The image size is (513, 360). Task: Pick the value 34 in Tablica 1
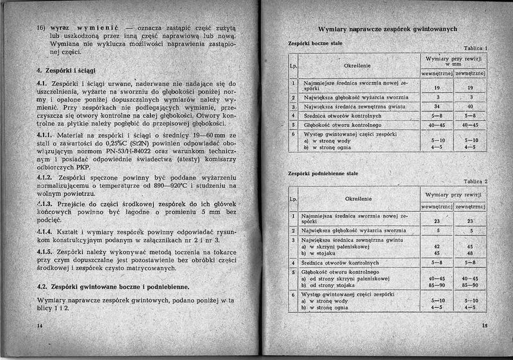(x=436, y=106)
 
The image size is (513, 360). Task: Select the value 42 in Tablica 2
(x=436, y=246)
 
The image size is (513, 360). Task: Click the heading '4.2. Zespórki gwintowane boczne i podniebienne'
(x=113, y=287)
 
